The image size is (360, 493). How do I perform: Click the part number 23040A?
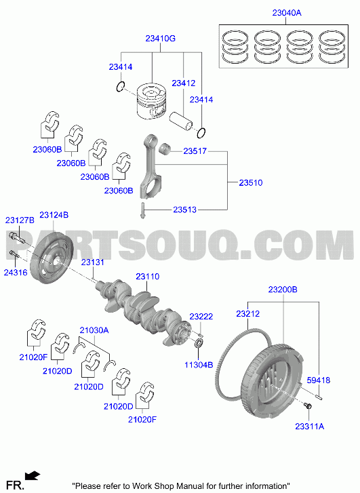point(286,13)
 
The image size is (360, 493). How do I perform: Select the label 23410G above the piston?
point(161,39)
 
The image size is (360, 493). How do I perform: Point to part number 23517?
point(195,151)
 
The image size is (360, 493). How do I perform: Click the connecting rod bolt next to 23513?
point(142,210)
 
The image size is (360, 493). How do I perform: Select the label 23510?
point(251,182)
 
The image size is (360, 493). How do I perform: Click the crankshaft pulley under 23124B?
point(52,258)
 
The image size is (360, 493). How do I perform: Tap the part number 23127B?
point(20,220)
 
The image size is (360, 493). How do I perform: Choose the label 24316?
point(16,273)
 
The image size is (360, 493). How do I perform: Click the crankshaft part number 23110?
point(148,277)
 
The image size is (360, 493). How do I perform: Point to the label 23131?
point(92,262)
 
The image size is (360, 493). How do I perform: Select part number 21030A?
point(94,330)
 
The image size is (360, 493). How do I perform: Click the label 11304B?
point(199,365)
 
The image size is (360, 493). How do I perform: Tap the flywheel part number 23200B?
point(283,290)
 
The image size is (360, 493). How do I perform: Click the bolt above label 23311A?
point(307,406)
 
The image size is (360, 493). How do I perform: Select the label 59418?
point(319,380)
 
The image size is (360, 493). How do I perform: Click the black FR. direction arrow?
point(33,475)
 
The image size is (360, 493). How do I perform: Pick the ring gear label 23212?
point(247,314)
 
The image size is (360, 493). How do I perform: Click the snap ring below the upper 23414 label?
point(121,86)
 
